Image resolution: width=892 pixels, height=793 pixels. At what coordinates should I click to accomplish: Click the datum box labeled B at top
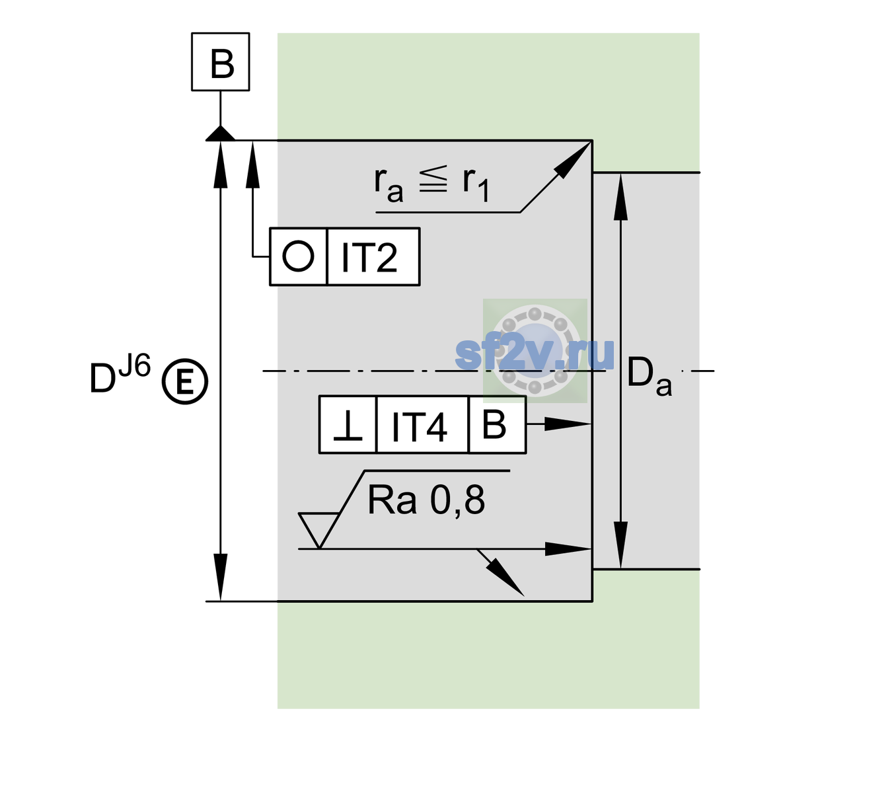220,61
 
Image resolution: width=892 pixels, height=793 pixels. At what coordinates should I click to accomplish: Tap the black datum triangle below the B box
220,134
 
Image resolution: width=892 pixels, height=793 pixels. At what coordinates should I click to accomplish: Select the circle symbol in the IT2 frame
298,256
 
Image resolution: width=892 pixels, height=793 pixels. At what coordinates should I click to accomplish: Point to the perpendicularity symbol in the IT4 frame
348,426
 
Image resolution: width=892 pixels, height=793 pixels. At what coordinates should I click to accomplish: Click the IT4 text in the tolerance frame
419,427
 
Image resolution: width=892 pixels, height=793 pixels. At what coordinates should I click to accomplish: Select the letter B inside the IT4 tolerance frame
494,424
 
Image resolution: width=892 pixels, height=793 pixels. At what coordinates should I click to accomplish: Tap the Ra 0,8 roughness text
426,500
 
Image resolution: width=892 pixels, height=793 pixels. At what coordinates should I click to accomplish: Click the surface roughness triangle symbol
318,530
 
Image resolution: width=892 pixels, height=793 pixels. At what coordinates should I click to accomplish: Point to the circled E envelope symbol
185,381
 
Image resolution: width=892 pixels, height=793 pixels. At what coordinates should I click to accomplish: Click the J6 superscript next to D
135,365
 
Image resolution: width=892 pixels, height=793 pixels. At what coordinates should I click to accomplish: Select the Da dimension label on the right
649,377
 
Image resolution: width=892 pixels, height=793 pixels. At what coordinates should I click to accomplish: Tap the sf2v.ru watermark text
535,354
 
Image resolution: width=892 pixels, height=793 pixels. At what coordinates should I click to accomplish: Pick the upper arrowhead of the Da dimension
621,197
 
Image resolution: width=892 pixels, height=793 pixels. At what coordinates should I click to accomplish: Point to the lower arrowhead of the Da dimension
621,545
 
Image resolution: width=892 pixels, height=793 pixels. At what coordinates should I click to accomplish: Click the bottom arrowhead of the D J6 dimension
220,578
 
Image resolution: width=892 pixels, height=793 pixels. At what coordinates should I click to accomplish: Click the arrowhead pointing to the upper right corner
572,160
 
